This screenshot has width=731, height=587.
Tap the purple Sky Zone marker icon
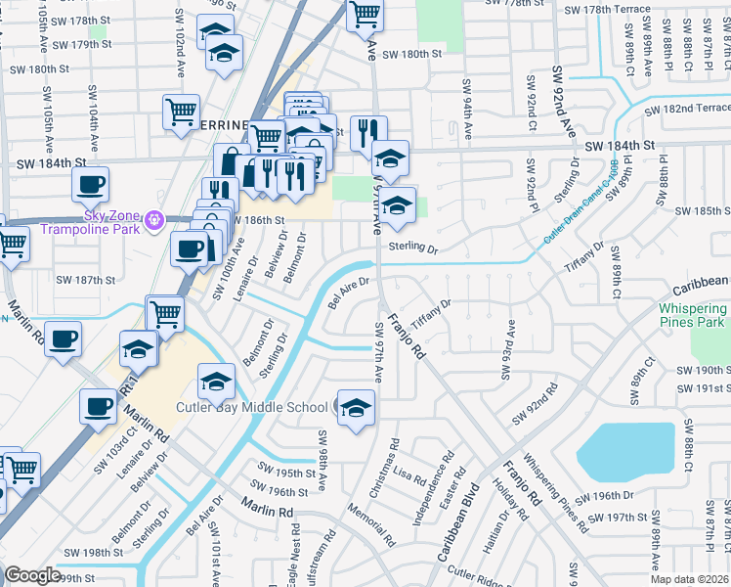pos(151,222)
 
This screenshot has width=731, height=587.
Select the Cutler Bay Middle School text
pos(251,407)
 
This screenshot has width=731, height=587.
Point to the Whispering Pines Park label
pos(686,314)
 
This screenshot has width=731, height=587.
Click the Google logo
pos(32,575)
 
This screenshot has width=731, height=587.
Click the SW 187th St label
pos(85,280)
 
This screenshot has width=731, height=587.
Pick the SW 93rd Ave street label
pos(507,348)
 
